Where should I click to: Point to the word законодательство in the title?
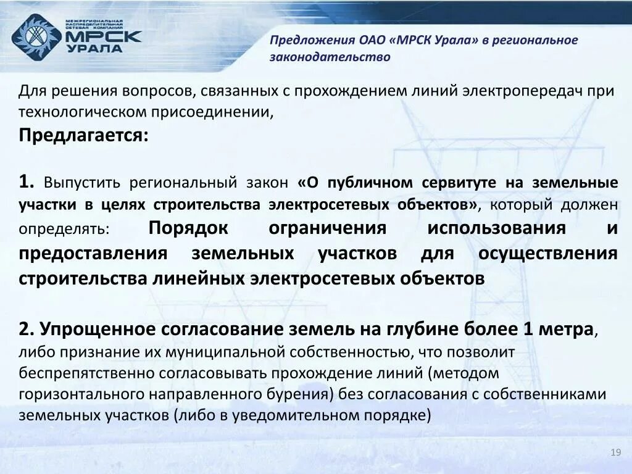(330, 57)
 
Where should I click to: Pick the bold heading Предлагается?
(83, 135)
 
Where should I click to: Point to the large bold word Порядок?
(188, 228)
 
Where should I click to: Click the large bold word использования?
(496, 228)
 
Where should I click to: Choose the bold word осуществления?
(547, 254)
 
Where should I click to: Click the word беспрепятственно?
(86, 373)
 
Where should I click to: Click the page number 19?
(615, 454)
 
